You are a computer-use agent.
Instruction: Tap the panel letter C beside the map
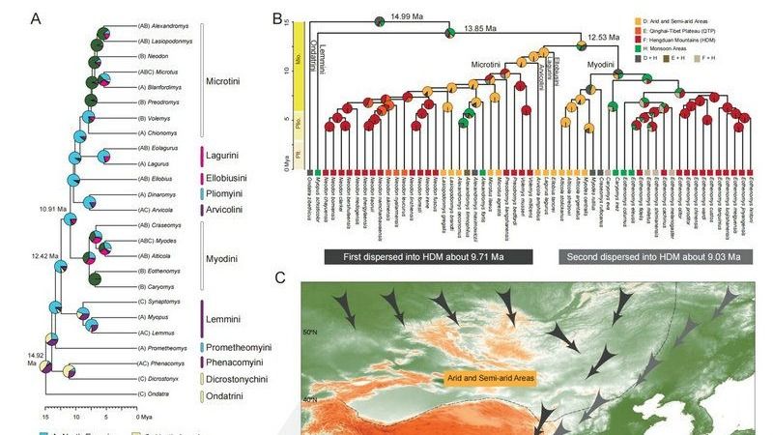(279, 278)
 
